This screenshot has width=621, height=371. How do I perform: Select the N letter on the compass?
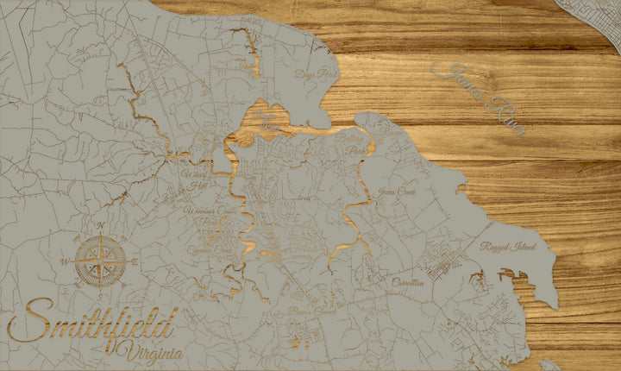coord(100,227)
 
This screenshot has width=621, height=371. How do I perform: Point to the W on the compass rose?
coord(65,259)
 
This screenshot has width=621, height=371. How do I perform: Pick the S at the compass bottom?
coord(101,293)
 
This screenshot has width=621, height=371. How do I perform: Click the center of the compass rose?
coord(101,260)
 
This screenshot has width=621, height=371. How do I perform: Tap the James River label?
coord(484,97)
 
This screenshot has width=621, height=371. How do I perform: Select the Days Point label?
coord(313,75)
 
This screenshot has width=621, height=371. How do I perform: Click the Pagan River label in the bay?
coord(267,119)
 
